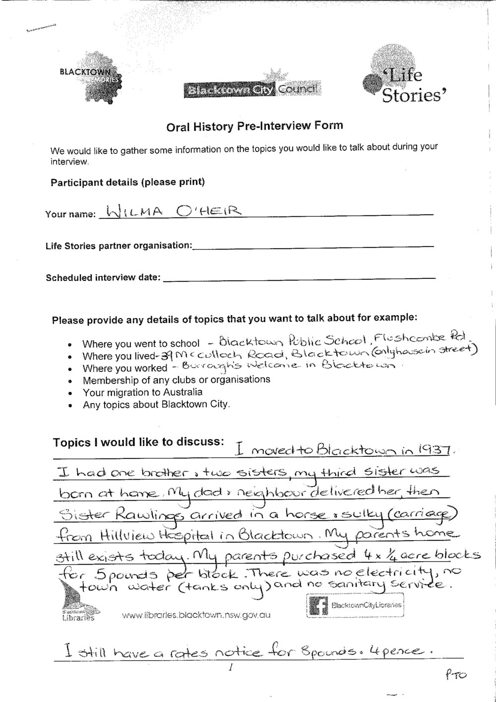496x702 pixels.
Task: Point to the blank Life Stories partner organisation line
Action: [312, 245]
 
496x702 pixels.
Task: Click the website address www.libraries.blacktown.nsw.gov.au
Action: [196, 616]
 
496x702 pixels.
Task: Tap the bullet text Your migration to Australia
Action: [143, 392]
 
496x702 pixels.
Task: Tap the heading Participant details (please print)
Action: [127, 182]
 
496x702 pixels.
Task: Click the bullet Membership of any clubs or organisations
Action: [176, 380]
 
